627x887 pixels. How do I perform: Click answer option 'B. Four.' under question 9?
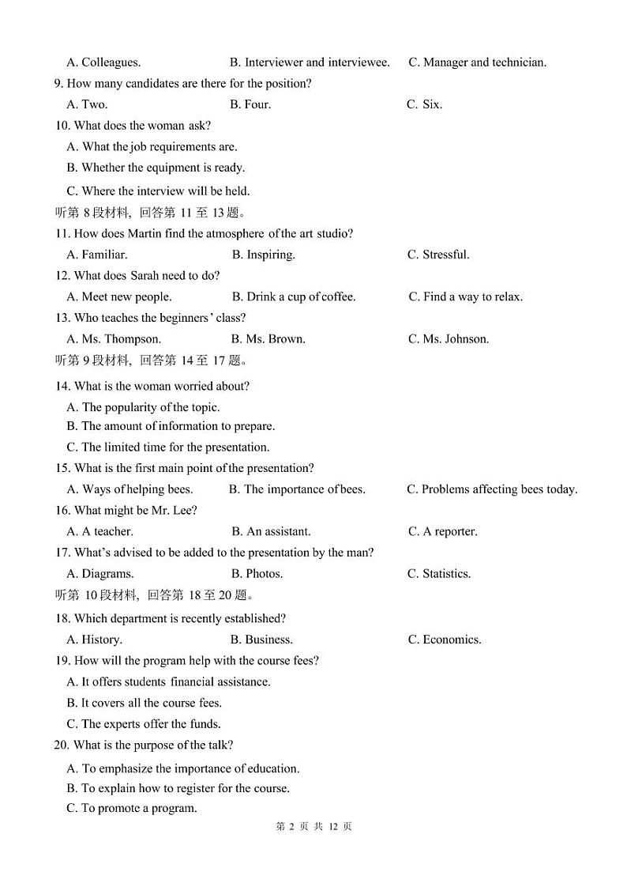click(250, 104)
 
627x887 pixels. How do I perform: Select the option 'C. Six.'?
click(424, 104)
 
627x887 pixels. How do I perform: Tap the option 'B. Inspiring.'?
click(263, 255)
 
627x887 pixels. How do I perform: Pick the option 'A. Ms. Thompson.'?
click(114, 339)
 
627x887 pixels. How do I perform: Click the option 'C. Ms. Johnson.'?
click(449, 339)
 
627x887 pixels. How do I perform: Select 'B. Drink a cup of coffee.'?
click(294, 297)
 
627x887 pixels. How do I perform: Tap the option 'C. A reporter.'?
click(442, 532)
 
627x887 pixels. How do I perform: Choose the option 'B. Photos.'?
click(257, 574)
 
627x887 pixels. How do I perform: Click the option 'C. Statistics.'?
click(439, 574)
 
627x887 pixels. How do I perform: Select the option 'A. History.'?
click(94, 640)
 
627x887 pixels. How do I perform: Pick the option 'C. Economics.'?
click(445, 640)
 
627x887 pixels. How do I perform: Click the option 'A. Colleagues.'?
click(103, 62)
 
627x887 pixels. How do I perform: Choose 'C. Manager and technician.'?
click(477, 62)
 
